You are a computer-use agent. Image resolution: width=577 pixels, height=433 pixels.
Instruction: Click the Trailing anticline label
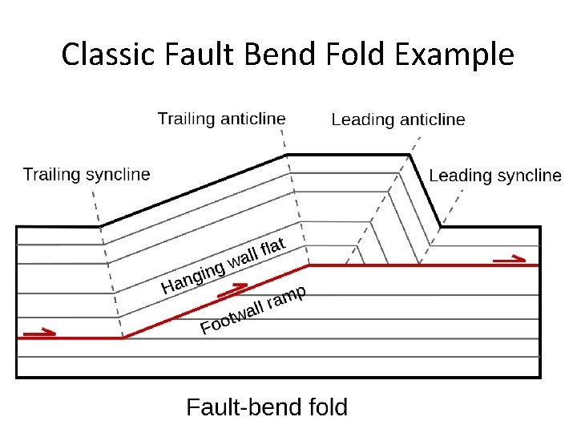[221, 119]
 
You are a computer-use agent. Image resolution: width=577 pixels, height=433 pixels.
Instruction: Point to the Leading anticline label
[397, 119]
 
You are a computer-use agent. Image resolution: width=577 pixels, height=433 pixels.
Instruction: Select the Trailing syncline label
[87, 174]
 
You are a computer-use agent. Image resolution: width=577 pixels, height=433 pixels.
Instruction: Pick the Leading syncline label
[495, 176]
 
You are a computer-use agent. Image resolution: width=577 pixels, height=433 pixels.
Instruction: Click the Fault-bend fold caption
[267, 407]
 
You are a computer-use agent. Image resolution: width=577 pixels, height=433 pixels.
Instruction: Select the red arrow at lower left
[40, 330]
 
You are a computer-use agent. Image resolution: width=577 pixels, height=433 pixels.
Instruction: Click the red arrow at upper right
[510, 258]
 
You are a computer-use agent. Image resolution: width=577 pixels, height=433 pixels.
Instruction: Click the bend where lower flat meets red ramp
[123, 338]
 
